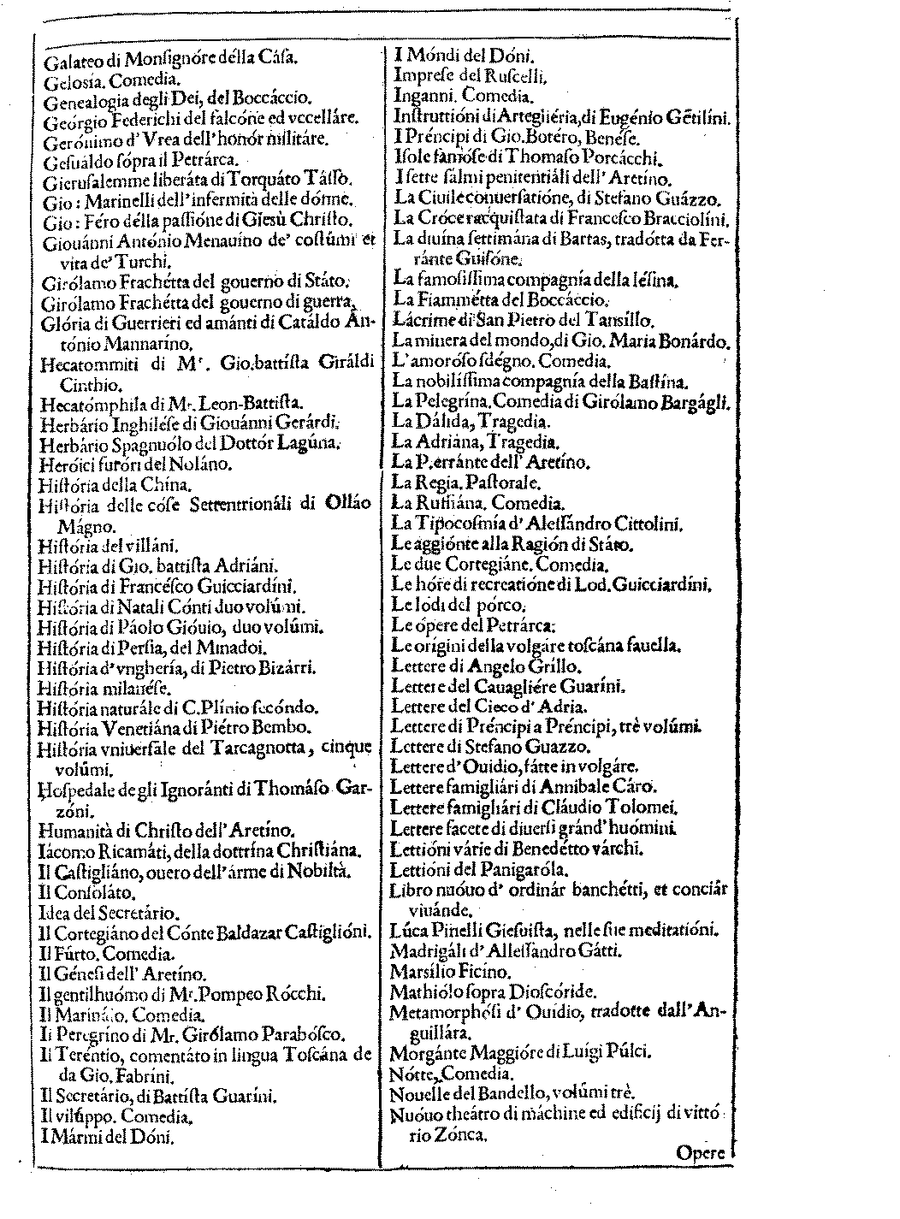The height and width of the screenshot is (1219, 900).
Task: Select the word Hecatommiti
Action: (88, 365)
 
